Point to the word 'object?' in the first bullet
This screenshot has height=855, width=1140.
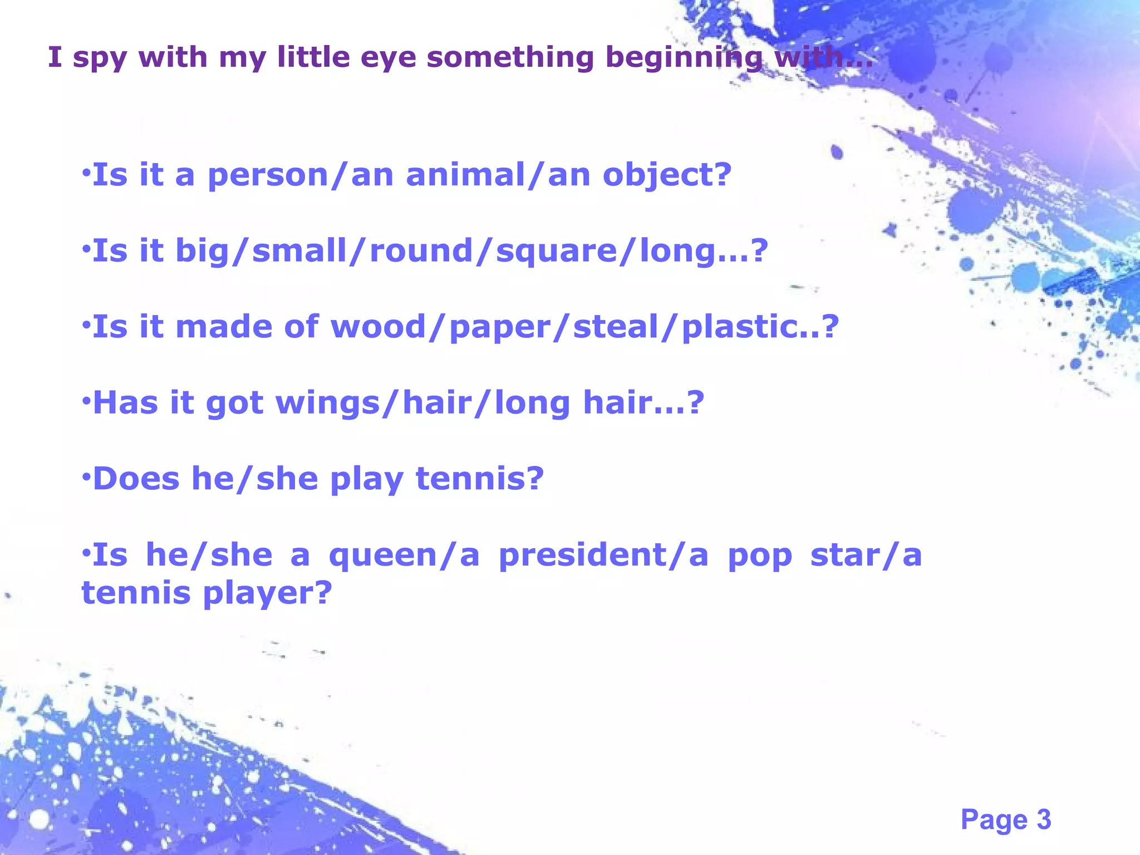[x=667, y=176]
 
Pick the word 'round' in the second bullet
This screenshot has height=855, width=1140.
[x=421, y=250]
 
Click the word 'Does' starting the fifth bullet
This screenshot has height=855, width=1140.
[x=136, y=478]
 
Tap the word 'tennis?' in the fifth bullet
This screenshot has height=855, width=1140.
[x=479, y=478]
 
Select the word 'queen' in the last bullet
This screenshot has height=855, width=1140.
[x=383, y=556]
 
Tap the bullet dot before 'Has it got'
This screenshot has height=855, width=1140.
[x=86, y=400]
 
